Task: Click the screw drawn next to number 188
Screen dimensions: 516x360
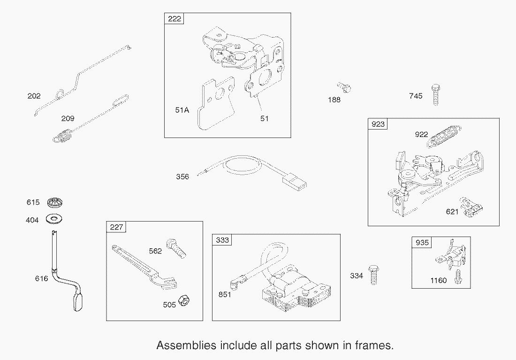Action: [x=345, y=87]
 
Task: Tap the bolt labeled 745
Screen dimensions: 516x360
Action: [x=435, y=94]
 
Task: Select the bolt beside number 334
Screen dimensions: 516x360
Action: [x=373, y=275]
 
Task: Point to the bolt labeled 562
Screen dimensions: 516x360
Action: [x=177, y=248]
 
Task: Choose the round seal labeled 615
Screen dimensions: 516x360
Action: [x=54, y=203]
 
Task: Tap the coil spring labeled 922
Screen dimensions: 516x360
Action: [x=443, y=137]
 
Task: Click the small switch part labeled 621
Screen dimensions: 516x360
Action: [x=471, y=207]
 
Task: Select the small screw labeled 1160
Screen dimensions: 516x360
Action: [x=457, y=276]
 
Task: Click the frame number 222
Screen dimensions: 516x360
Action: [x=174, y=18]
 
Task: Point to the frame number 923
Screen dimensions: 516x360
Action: [x=378, y=124]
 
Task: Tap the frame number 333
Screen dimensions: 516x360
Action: [x=222, y=240]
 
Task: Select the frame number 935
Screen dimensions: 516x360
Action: [x=422, y=242]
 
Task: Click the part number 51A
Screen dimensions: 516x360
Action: [x=182, y=110]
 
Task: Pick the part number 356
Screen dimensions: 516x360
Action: [x=182, y=176]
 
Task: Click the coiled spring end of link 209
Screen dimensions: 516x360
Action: [x=63, y=137]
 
